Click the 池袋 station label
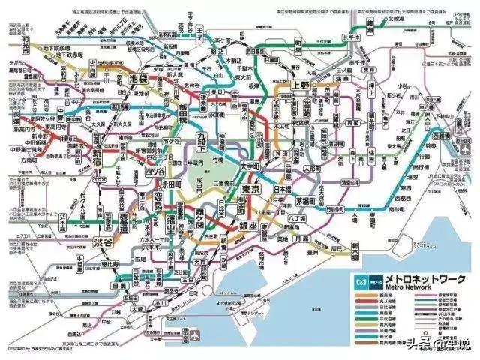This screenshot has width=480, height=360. (x=138, y=77)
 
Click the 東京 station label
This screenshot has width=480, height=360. (x=251, y=190)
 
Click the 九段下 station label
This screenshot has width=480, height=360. (x=203, y=140)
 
